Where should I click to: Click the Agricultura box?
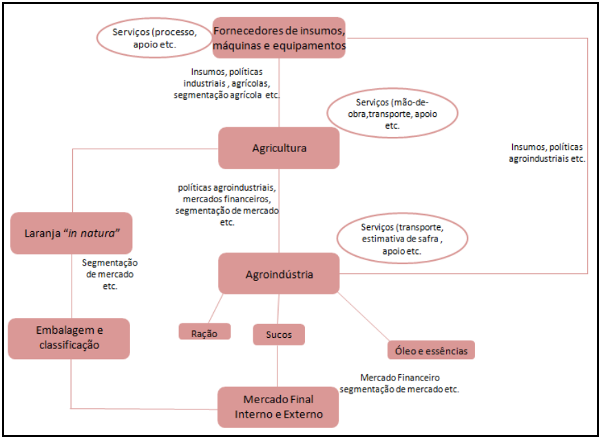[x=279, y=148]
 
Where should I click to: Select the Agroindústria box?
[x=279, y=274]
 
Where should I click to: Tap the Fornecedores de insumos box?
[x=279, y=39]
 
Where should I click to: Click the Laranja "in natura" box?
[x=71, y=233]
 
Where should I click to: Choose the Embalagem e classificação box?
[x=69, y=338]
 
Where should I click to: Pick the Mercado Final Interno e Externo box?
[x=278, y=407]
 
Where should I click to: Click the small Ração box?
[x=204, y=332]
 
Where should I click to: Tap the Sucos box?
[x=278, y=334]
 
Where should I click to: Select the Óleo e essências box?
[x=431, y=350]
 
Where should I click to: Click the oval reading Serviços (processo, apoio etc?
[x=153, y=39]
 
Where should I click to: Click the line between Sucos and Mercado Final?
[x=278, y=365]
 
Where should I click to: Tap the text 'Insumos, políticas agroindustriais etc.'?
[x=547, y=153]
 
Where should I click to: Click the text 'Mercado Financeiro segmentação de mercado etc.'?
[x=399, y=383]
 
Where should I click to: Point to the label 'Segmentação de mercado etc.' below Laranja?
[x=109, y=274]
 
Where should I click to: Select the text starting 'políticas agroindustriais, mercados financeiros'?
[x=227, y=204]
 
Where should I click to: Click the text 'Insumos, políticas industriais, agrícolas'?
[x=227, y=83]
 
